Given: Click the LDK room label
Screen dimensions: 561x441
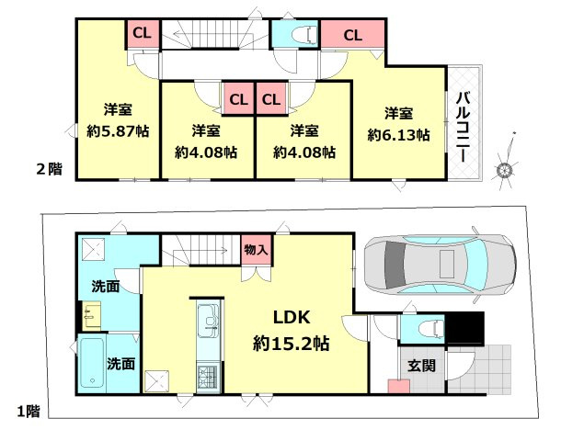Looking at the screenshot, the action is click(292, 317).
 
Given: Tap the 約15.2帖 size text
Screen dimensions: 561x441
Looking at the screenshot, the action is click(292, 344).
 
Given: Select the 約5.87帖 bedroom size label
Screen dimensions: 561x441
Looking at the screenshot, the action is click(118, 131).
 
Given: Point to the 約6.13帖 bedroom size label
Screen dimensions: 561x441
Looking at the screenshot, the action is click(398, 135).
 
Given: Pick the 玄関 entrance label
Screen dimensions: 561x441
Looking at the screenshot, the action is click(421, 366).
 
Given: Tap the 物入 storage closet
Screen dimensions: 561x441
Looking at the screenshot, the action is click(256, 250).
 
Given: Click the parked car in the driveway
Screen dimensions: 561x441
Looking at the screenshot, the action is click(441, 265).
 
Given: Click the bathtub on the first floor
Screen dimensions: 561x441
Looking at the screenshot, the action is click(92, 363).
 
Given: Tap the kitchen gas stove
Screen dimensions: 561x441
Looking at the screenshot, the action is click(208, 378).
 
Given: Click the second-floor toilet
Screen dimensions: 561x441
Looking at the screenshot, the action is click(304, 35).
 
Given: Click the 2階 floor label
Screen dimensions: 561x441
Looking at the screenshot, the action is click(49, 169).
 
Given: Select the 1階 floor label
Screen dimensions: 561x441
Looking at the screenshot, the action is click(29, 412).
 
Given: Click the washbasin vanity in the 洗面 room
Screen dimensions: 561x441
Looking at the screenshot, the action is click(91, 316).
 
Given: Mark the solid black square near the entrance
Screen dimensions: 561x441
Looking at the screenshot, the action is click(465, 328).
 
